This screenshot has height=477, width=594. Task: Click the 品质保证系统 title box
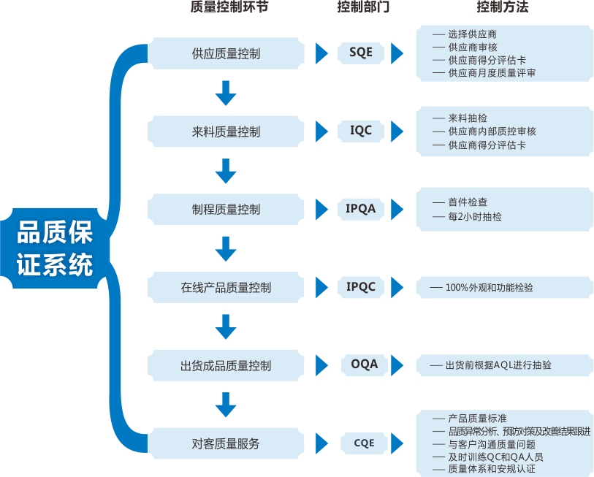56,248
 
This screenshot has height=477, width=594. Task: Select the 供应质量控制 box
226,54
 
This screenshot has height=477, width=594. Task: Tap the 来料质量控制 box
226,132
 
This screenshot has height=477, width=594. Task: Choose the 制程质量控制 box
226,210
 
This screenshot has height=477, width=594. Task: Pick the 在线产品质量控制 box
226,288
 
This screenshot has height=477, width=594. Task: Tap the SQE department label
360,53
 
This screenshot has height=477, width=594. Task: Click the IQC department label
360,131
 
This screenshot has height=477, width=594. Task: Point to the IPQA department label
360,209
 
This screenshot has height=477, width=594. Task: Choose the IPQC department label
360,286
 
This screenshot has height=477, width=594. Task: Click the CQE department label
360,443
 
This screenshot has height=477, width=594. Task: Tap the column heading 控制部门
363,9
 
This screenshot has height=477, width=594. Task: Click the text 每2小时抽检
476,217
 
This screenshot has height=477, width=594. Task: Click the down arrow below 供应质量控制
226,93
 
